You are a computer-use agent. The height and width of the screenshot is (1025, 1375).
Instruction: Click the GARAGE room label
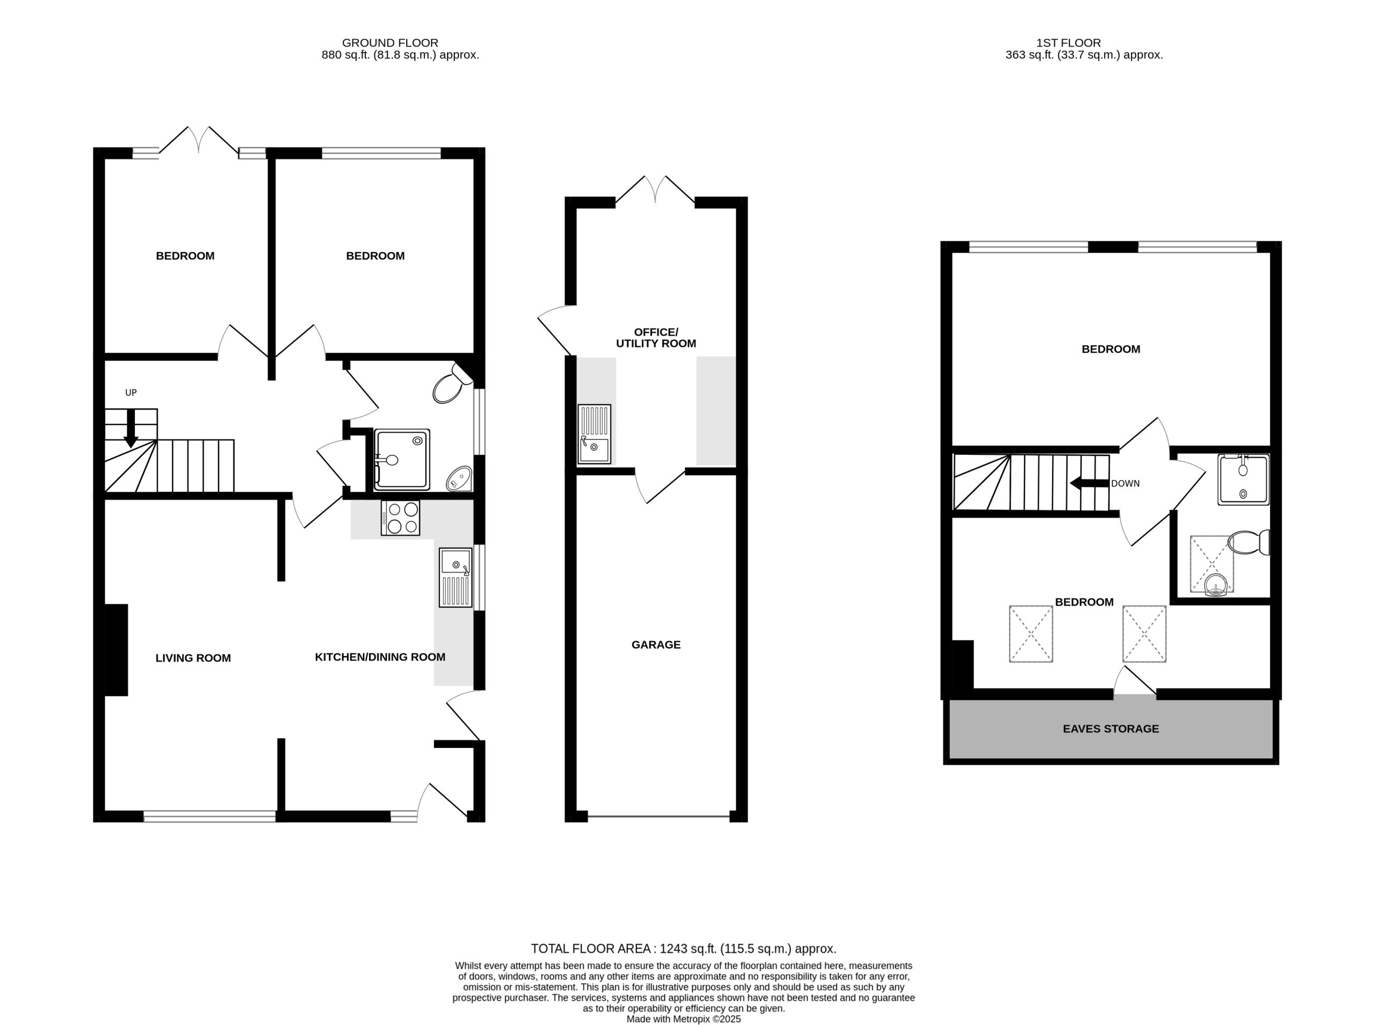click(656, 645)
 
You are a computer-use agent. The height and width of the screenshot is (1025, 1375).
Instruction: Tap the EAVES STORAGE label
click(1111, 729)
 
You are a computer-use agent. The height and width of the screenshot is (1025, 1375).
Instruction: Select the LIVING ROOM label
click(193, 658)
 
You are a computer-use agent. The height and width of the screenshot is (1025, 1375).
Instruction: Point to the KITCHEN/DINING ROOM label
click(380, 657)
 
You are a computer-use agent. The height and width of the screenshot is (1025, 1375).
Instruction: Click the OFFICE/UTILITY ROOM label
click(656, 338)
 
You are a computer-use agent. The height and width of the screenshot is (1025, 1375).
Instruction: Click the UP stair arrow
click(131, 428)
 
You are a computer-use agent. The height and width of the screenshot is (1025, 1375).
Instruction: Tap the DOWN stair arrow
click(1089, 483)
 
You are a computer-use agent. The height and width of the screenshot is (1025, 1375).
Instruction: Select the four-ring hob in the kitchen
click(400, 518)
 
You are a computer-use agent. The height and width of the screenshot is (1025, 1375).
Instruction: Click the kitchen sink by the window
click(455, 577)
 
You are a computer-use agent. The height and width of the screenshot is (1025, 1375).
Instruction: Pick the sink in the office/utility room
click(594, 434)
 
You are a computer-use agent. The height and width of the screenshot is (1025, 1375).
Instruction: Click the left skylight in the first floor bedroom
click(1031, 634)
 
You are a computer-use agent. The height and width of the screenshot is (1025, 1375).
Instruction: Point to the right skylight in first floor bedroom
click(1144, 634)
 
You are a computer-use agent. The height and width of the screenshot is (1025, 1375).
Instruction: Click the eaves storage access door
click(1135, 681)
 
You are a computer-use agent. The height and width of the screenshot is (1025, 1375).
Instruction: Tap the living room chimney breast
click(116, 650)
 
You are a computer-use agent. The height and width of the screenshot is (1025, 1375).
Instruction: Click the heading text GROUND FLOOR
click(390, 43)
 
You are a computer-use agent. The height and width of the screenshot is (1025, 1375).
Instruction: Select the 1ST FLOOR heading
click(1068, 43)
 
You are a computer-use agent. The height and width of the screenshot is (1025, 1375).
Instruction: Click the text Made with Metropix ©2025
click(683, 1019)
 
